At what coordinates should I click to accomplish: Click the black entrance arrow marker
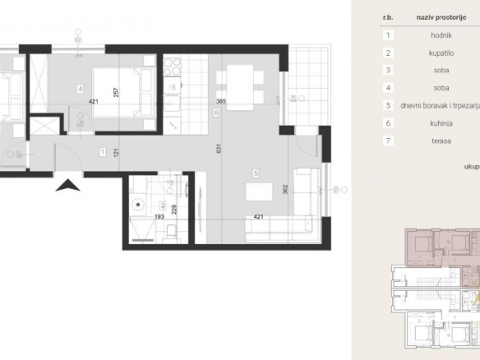[x=67, y=186]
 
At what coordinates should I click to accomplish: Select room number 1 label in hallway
[x=103, y=152]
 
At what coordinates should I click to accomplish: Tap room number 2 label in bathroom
[x=163, y=205]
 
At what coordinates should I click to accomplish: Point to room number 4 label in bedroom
[x=81, y=89]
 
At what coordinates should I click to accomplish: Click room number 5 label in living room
[x=256, y=173]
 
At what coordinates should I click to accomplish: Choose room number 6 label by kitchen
[x=216, y=113]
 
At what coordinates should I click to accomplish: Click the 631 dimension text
[x=219, y=149]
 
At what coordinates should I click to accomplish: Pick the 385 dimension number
[x=221, y=101]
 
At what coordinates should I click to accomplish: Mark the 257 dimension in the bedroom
[x=116, y=92]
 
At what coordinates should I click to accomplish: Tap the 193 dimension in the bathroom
[x=159, y=217]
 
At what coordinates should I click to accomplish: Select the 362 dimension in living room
[x=285, y=189]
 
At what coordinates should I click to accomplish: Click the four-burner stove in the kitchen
[x=172, y=67]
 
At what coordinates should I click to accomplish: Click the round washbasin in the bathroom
[x=138, y=205]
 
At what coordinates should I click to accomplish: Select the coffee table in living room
[x=259, y=192]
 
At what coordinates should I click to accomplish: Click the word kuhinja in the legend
[x=441, y=123]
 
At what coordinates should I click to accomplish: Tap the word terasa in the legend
[x=441, y=141]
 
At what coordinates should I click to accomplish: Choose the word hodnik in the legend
[x=441, y=35]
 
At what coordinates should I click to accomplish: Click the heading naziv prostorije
[x=441, y=17]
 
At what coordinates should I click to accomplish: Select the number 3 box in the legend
[x=388, y=71]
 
